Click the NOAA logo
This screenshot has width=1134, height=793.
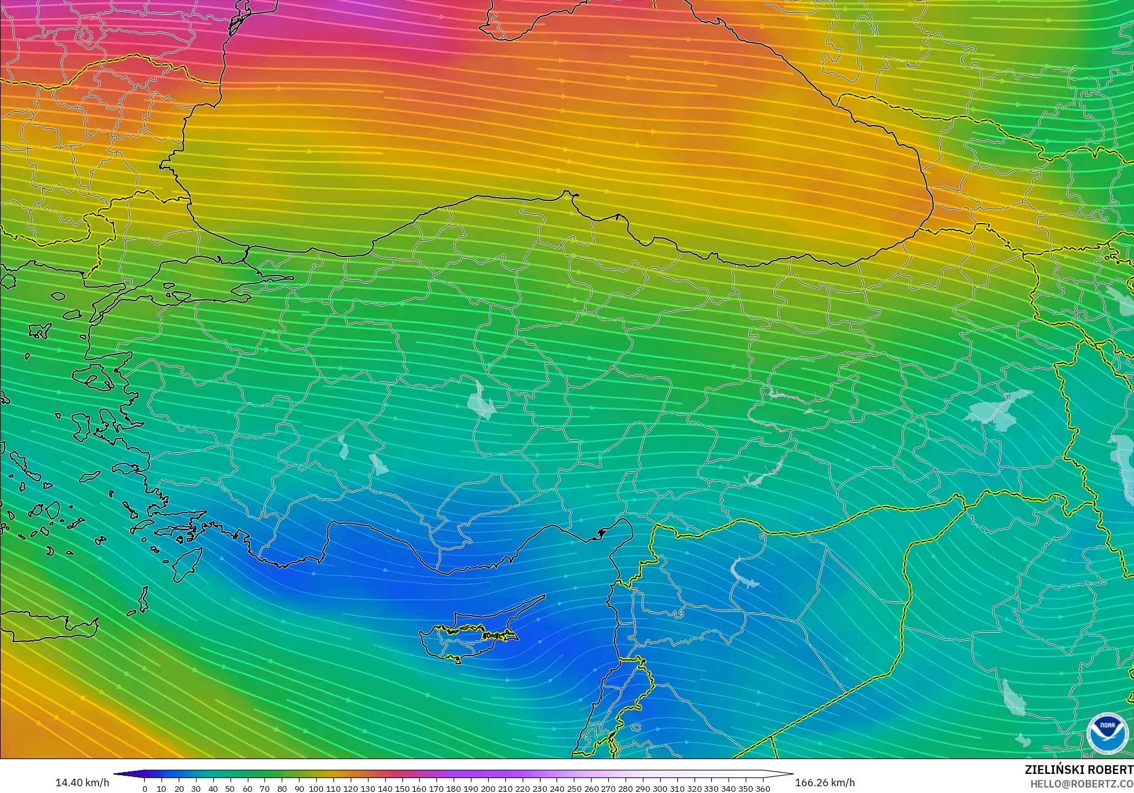[x=1103, y=733]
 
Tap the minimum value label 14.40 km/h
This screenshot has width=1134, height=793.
[x=83, y=783]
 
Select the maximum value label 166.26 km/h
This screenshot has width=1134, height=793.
[x=825, y=783]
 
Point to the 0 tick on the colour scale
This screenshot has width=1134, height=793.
[x=145, y=789]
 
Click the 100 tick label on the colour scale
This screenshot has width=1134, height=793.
[x=316, y=789]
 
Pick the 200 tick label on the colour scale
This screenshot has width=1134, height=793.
[x=487, y=789]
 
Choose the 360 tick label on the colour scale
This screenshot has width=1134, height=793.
[x=762, y=789]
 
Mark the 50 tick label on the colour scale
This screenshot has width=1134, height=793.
[x=230, y=789]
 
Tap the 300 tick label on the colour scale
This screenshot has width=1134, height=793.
[x=659, y=789]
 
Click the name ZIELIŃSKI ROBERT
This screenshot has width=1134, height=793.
[x=1079, y=770]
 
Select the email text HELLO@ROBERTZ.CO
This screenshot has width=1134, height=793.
[x=1082, y=783]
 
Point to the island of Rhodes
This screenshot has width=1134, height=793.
[x=187, y=564]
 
